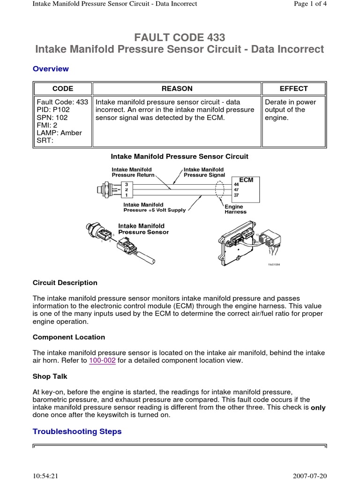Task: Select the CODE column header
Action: [62, 89]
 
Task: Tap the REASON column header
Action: [177, 89]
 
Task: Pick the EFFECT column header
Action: [293, 89]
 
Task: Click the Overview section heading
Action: [51, 69]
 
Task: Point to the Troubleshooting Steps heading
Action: [77, 431]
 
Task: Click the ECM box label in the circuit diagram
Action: [246, 180]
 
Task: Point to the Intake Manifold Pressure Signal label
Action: [204, 172]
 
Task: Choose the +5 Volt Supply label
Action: [155, 210]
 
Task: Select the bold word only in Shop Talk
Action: [318, 408]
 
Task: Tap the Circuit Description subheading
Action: [65, 283]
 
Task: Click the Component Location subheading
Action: [69, 337]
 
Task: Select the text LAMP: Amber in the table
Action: [59, 133]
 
